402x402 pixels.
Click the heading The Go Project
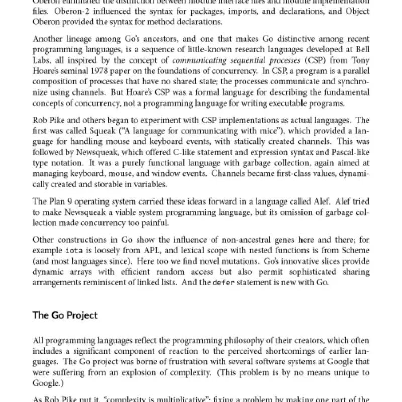click(x=65, y=315)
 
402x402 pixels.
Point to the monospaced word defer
click(x=223, y=282)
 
